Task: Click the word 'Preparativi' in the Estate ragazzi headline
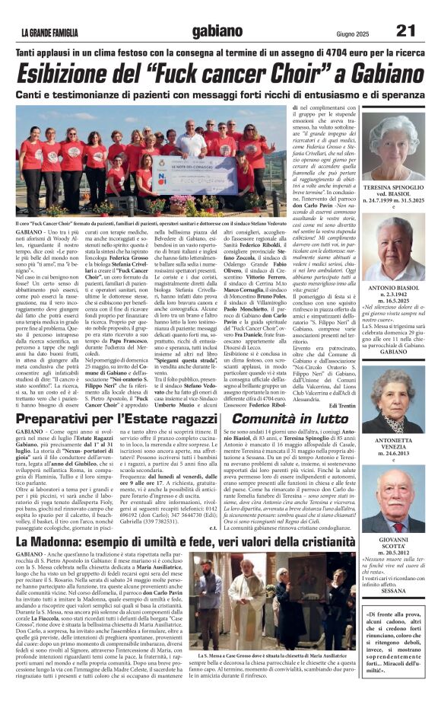coord(56,419)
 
